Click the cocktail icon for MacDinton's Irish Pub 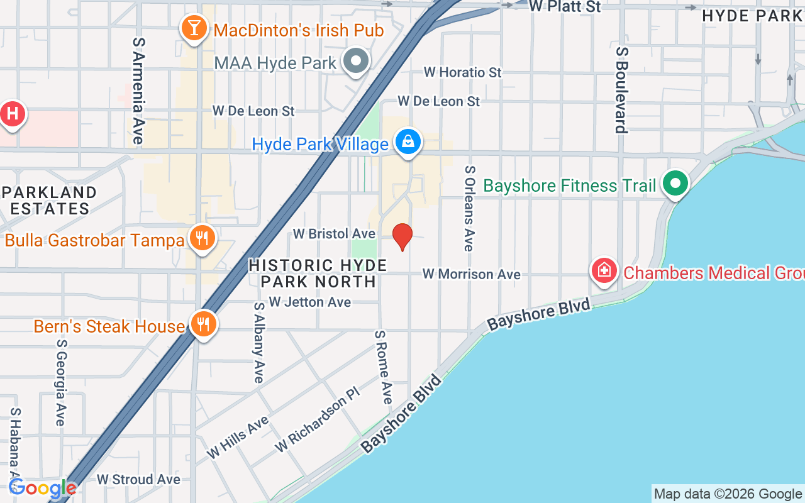(x=194, y=28)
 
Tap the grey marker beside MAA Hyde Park (x=357, y=62)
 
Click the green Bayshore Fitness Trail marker (x=676, y=184)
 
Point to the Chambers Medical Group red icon (x=604, y=270)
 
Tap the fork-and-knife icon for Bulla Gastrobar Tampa (x=201, y=238)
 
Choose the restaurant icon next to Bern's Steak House (x=203, y=324)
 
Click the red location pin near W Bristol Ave (x=402, y=236)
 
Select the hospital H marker (x=12, y=114)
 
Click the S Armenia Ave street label (x=138, y=91)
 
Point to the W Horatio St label (x=462, y=72)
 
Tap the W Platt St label (x=564, y=7)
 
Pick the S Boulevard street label (x=621, y=90)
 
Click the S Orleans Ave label (x=469, y=208)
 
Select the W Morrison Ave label (x=471, y=274)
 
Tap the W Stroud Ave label (x=138, y=479)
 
